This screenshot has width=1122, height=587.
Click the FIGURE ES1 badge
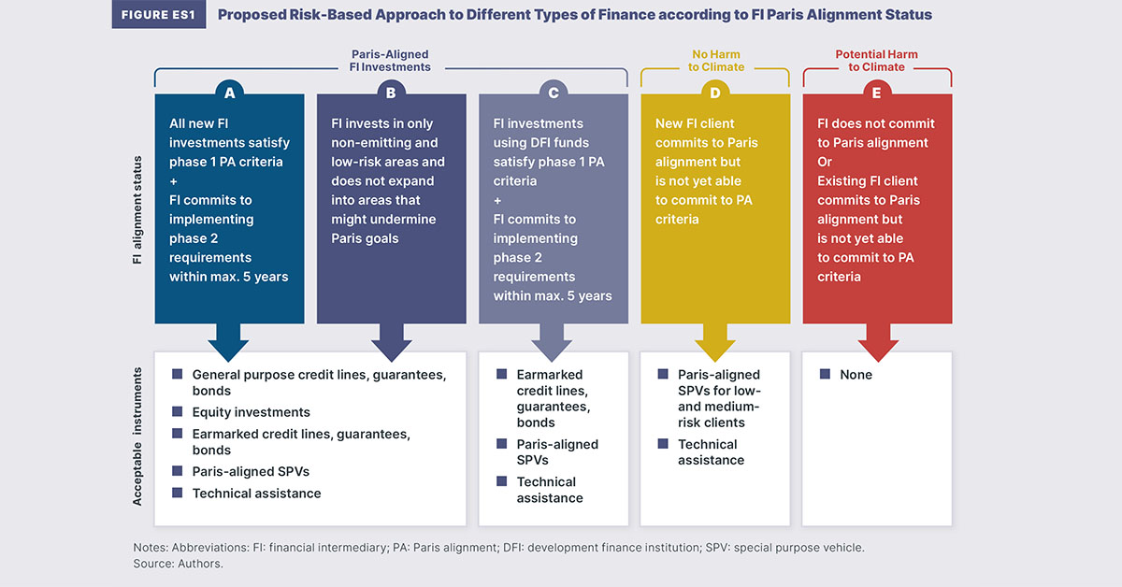158,15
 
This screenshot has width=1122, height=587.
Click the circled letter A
229,93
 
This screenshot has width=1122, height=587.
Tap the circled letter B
391,93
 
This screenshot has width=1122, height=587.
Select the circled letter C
554,93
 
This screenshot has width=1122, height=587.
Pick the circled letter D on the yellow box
715,93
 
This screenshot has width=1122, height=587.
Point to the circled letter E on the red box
877,93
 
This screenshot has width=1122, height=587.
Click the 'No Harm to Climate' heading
716,61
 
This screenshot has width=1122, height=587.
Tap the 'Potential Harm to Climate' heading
877,61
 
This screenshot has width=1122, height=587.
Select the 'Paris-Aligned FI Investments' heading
390,61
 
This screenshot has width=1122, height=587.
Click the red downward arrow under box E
878,343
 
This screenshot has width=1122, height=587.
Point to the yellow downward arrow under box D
715,343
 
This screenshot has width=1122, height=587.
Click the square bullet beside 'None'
825,374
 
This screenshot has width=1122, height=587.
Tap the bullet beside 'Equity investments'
178,411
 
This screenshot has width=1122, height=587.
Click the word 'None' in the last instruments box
856,375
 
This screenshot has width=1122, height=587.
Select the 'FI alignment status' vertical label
137,210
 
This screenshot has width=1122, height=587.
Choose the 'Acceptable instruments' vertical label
137,437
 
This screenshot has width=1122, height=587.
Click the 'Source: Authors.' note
178,564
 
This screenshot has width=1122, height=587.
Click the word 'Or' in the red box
825,162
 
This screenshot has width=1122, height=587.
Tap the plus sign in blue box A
173,181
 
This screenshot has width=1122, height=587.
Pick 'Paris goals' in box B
365,238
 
